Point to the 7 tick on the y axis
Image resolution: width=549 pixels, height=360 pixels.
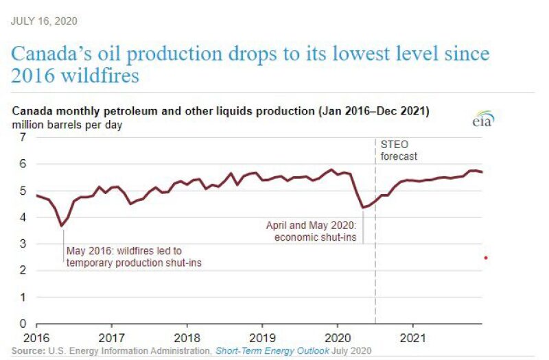[x=23, y=137]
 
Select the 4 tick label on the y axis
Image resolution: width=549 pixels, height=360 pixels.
[x=23, y=217]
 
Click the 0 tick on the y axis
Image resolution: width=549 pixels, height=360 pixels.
[x=23, y=324]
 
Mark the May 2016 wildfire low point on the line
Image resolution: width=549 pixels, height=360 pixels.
[x=62, y=226]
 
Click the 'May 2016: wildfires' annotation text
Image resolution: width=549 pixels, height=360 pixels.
[x=124, y=251]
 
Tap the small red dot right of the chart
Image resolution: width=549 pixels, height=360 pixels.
[x=485, y=258]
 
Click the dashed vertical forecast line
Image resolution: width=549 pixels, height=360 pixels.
[x=375, y=274]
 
